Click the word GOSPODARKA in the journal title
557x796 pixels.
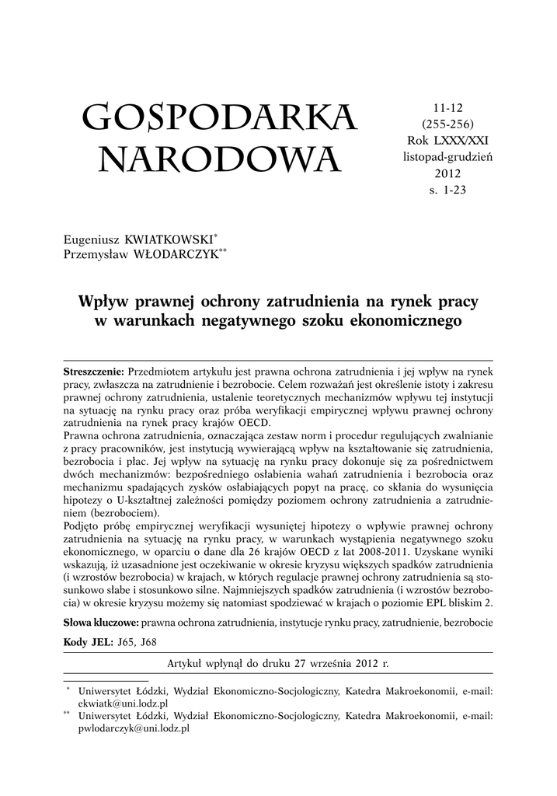pos(219,118)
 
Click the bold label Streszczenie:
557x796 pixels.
pos(93,371)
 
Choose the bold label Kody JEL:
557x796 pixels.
pos(87,641)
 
